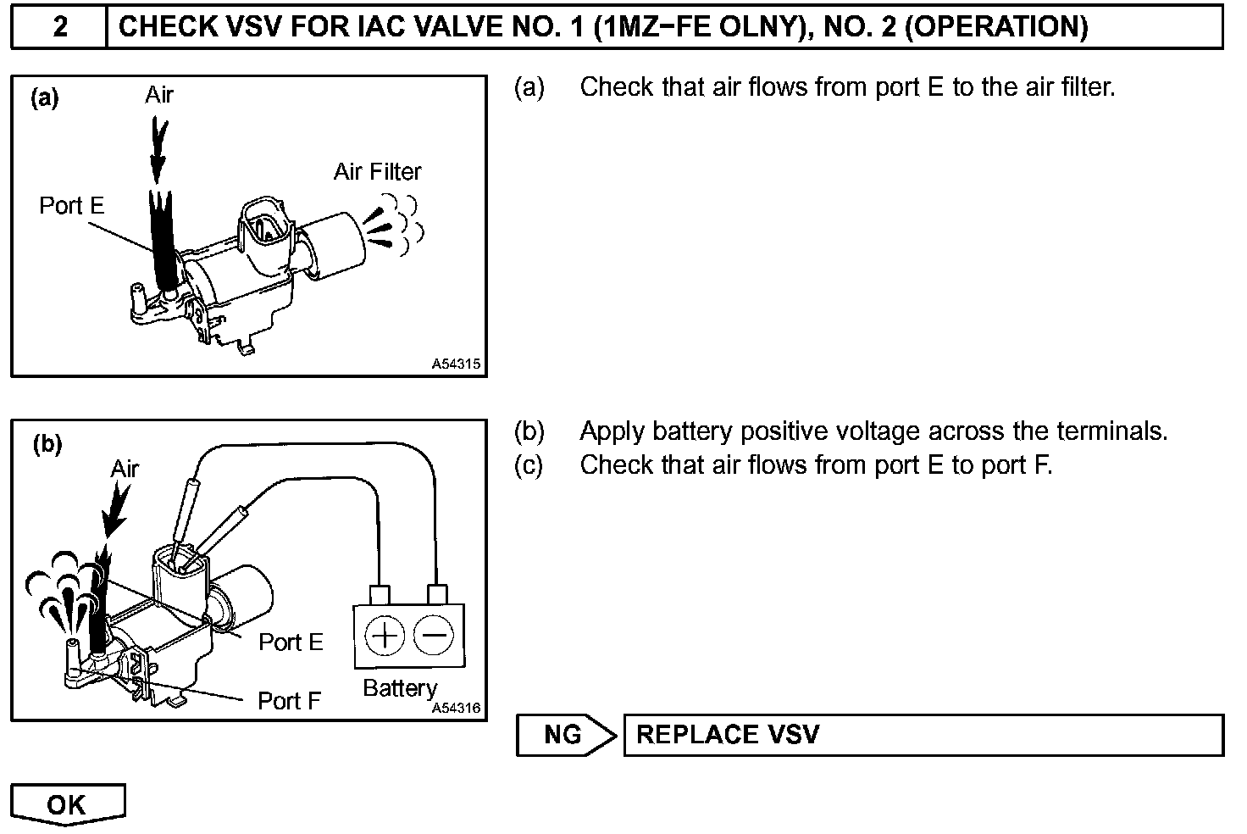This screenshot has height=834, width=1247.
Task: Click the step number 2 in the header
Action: click(59, 27)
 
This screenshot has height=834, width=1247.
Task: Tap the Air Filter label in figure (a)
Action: click(377, 172)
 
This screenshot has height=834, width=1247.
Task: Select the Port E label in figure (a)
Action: click(72, 206)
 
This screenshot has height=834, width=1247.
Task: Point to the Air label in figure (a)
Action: click(158, 95)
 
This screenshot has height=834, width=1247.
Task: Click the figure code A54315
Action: click(456, 364)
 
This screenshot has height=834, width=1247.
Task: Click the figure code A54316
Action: click(456, 709)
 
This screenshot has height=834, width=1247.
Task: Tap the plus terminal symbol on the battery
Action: click(386, 636)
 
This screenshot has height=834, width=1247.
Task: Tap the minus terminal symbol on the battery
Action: click(434, 636)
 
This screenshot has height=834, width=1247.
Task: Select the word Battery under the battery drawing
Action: click(400, 688)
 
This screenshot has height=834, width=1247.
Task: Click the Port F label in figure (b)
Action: click(290, 701)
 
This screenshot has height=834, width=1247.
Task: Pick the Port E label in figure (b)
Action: click(291, 642)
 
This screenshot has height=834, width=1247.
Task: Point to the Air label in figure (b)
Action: click(125, 469)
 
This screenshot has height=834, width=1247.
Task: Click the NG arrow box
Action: click(565, 735)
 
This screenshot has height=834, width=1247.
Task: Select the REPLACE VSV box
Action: click(923, 735)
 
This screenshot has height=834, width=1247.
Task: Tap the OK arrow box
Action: click(68, 803)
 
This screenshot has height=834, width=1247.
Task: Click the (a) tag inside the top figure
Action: click(45, 98)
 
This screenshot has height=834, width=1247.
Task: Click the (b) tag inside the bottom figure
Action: click(47, 444)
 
